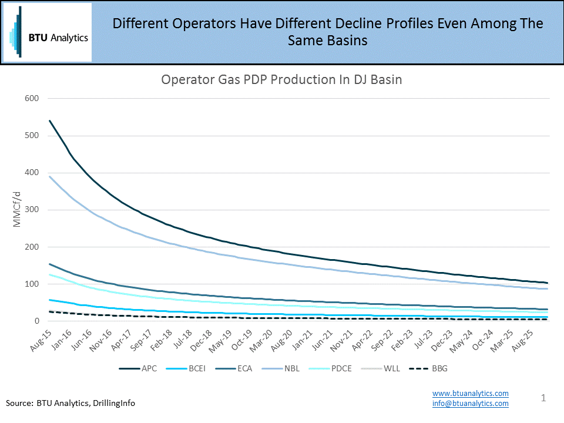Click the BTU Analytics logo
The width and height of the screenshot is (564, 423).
coord(48,32)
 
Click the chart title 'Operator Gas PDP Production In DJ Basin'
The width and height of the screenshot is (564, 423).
coord(281,80)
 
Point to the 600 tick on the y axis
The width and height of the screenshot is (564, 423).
coord(31,98)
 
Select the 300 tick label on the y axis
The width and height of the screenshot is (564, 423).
coord(31,210)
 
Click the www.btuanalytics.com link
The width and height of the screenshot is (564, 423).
coord(470,393)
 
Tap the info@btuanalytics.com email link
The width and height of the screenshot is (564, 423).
coord(470,403)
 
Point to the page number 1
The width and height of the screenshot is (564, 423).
coord(543,398)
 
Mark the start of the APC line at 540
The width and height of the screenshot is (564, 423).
coord(50,121)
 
